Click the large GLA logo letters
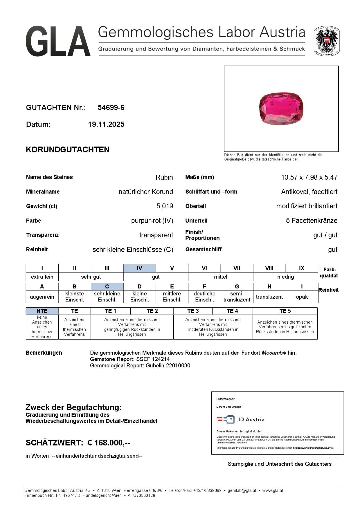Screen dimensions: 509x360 point(58,41)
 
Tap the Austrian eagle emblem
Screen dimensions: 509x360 point(327,41)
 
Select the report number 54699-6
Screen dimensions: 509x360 point(111,108)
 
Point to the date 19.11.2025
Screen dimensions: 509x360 point(106,124)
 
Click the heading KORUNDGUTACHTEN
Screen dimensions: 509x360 point(68,150)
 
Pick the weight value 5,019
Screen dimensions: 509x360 point(165,206)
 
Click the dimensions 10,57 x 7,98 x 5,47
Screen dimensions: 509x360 point(309,177)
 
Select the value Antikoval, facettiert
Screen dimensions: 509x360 point(309,192)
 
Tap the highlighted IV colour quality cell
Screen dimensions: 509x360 point(139,268)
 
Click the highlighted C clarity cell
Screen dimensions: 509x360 point(107,286)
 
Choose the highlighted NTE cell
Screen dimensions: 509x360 point(42,311)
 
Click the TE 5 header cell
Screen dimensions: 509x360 point(285,311)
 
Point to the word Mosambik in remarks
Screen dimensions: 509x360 point(274,353)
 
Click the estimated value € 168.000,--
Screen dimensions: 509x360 point(109,443)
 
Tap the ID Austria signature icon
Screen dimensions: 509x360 point(226,420)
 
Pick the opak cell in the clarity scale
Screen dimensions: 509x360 point(302,297)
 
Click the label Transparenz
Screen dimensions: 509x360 point(42,235)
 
